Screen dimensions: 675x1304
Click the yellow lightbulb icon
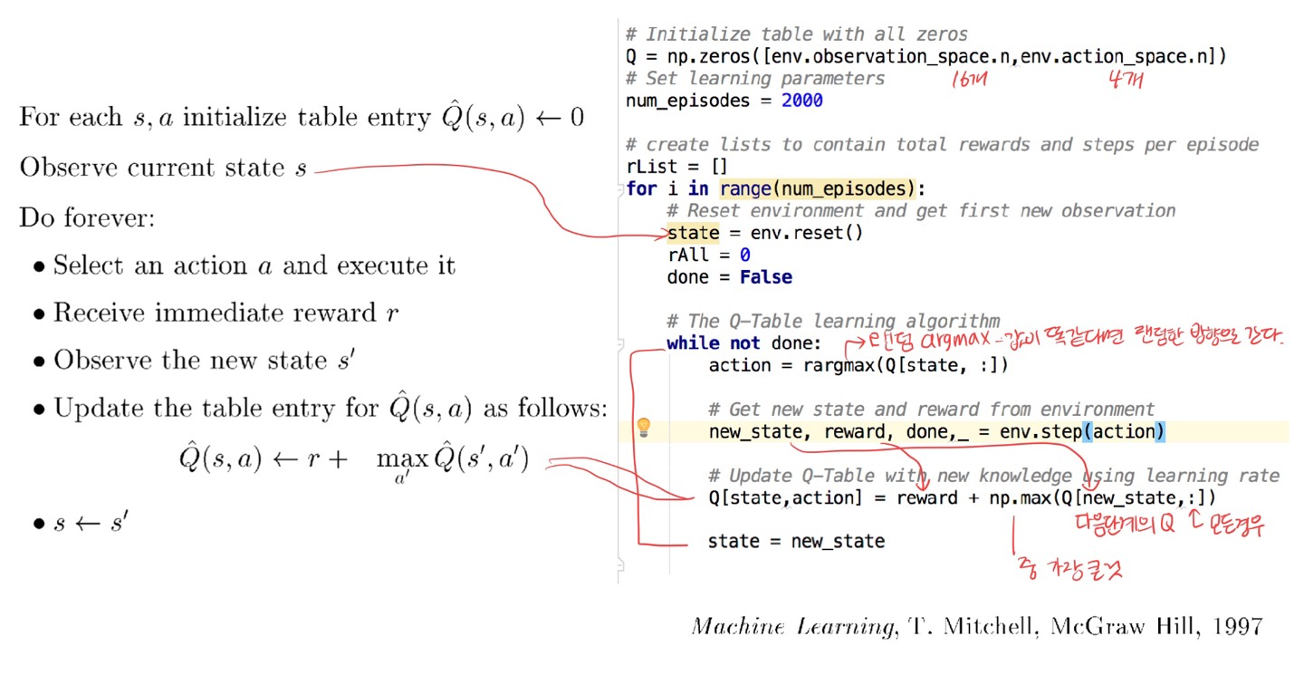click(x=644, y=428)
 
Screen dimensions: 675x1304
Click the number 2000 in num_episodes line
click(x=801, y=101)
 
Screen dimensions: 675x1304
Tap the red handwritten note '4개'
click(x=1125, y=80)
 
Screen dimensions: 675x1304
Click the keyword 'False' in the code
click(x=765, y=277)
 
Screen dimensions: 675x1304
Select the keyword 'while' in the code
click(x=693, y=343)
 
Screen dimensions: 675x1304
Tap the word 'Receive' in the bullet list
click(x=100, y=313)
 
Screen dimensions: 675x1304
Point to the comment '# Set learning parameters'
click(x=755, y=79)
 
